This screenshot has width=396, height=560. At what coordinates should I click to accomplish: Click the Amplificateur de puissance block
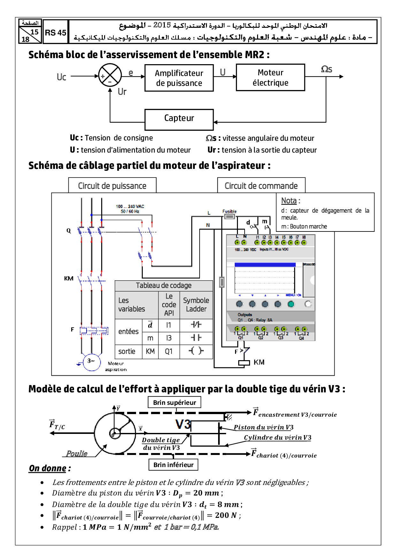point(179,78)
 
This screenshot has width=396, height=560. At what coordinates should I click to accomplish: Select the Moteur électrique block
point(270,78)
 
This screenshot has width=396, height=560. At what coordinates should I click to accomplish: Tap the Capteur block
point(179,119)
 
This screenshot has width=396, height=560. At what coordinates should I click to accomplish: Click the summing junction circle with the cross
point(110,75)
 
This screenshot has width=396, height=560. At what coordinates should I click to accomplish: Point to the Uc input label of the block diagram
point(61,77)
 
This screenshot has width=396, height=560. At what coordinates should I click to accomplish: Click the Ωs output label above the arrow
point(326,69)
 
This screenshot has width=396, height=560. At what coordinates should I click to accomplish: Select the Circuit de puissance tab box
point(112,186)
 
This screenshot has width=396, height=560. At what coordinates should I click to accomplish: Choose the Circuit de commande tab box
point(261,186)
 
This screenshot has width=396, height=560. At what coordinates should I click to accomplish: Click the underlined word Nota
point(289,201)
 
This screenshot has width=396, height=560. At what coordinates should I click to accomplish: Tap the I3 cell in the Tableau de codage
point(169,338)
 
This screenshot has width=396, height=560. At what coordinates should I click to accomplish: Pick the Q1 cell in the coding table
point(169,352)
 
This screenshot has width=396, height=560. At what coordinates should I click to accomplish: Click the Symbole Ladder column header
point(196,305)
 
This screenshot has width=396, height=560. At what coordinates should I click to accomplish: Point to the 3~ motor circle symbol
point(91,361)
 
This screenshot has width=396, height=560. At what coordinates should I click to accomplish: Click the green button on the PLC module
point(291,304)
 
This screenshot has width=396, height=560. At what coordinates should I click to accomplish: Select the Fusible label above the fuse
point(229,211)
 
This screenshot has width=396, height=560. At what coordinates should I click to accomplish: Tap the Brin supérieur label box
point(174,403)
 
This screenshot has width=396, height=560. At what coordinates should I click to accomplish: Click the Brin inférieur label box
point(173,465)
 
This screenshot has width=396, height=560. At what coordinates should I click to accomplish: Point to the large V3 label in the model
point(183,424)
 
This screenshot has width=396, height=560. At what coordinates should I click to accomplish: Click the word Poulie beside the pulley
point(77,454)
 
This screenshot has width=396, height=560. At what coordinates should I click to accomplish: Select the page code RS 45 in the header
point(56,33)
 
